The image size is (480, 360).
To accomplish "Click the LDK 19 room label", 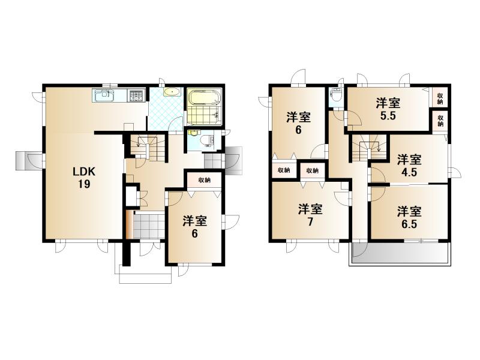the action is [x=84, y=178].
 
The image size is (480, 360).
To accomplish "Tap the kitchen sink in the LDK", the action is [x=104, y=95].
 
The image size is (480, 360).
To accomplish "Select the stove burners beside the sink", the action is [x=137, y=95].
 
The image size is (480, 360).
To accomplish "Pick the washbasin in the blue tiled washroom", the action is [x=171, y=92].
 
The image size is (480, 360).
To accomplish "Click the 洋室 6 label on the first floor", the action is [x=194, y=227].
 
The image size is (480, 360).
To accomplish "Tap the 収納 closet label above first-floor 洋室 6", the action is [x=204, y=180].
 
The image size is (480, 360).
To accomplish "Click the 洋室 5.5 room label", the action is [x=388, y=109].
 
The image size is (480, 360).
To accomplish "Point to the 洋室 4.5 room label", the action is [x=409, y=166].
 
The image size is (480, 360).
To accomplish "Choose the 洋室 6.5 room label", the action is [x=409, y=217].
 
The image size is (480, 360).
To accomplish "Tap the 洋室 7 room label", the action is [x=310, y=215].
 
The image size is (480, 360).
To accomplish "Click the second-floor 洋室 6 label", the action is [x=298, y=124].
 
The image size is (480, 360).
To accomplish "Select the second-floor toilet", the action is [x=336, y=94].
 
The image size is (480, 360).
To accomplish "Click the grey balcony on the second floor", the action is [x=400, y=253].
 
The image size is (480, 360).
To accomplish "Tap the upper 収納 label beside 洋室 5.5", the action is [x=440, y=98].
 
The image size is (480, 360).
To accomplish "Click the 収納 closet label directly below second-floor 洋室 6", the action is [x=284, y=170].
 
